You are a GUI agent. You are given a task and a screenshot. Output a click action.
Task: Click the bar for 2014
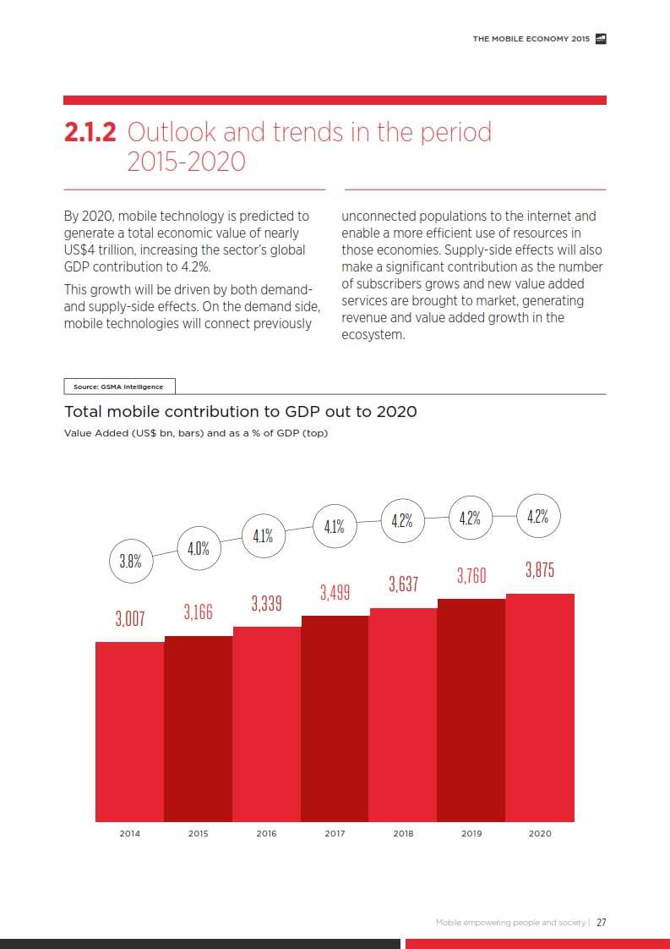click(x=129, y=732)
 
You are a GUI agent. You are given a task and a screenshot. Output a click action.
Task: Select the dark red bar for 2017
click(x=335, y=719)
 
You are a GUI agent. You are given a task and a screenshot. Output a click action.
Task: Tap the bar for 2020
click(x=540, y=707)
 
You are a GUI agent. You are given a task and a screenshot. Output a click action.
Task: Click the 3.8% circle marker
click(x=130, y=560)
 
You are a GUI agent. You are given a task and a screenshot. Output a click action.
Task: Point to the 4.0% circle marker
click(x=199, y=548)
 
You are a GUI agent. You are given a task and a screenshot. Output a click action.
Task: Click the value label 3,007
click(x=130, y=618)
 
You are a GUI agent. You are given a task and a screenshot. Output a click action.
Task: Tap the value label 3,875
click(x=540, y=570)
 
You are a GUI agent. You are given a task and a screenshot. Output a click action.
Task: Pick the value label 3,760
click(x=471, y=576)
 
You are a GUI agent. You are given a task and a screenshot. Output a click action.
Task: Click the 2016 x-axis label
click(x=266, y=834)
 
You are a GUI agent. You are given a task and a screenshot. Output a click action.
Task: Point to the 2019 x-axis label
click(x=471, y=834)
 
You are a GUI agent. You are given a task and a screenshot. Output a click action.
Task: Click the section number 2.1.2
click(x=92, y=133)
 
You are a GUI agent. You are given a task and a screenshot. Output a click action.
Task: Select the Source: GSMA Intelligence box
click(x=118, y=387)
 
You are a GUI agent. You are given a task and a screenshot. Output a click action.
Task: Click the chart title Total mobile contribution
click(x=240, y=412)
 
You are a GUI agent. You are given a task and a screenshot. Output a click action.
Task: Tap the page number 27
click(x=601, y=923)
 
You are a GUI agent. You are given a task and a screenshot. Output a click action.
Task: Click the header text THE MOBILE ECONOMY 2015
click(x=531, y=39)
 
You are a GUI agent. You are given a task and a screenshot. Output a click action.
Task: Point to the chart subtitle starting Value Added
click(x=196, y=433)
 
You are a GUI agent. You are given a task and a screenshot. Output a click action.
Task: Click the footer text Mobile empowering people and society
click(x=510, y=923)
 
